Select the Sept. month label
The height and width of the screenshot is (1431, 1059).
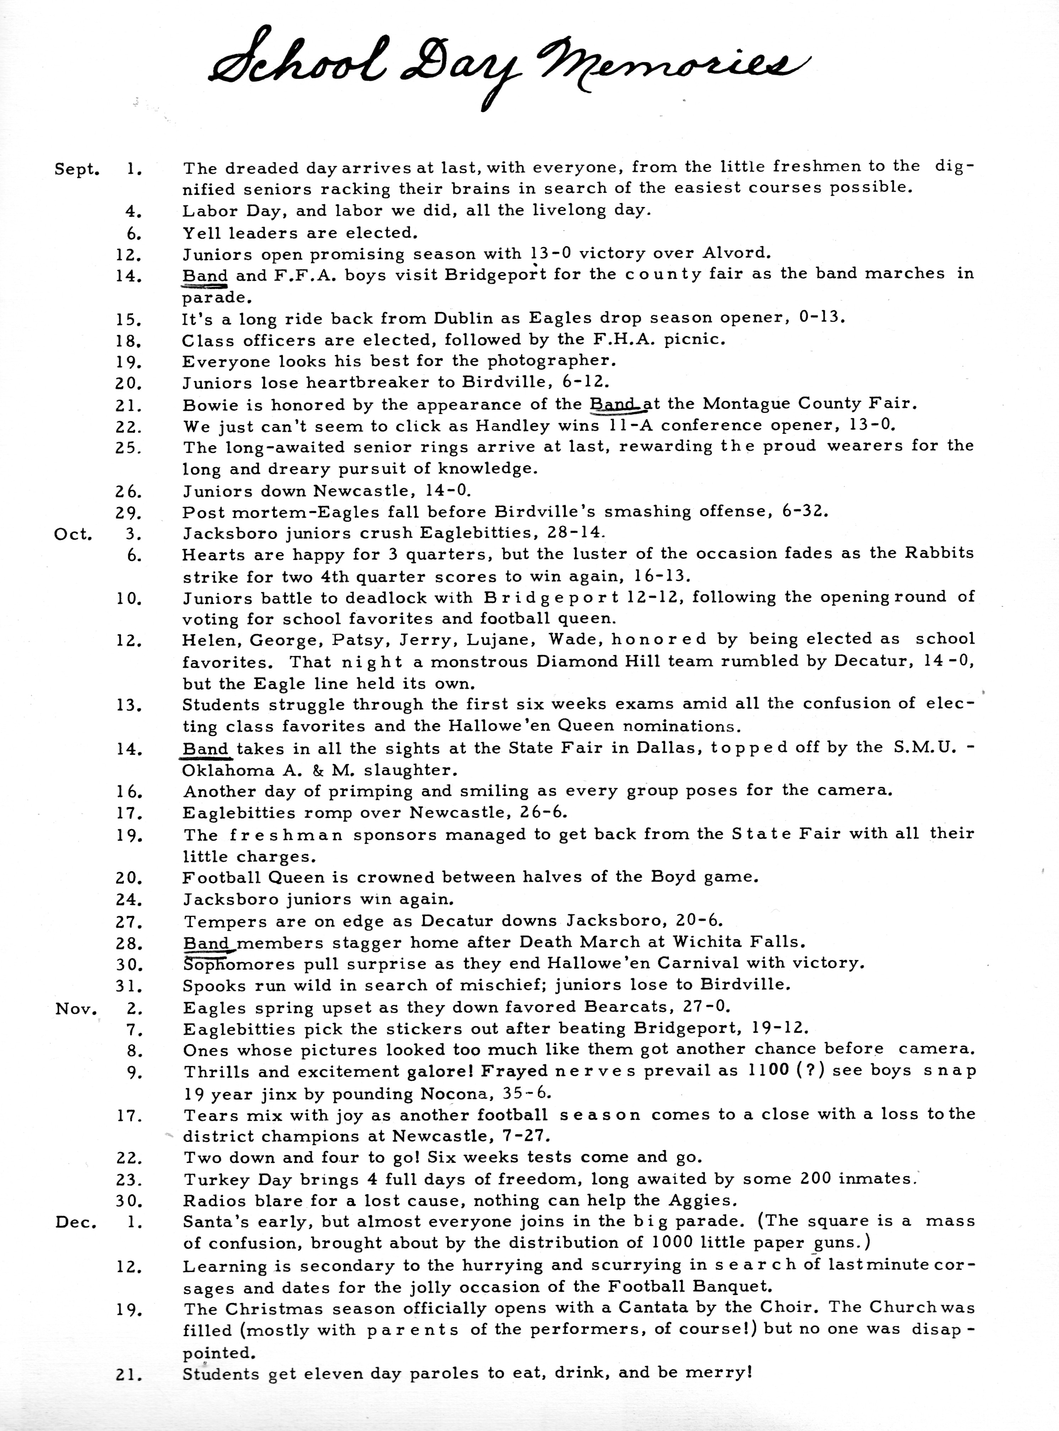coord(77,170)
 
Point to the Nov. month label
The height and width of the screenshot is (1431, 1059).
coord(76,1009)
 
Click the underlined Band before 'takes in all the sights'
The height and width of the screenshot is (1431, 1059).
coord(205,749)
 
